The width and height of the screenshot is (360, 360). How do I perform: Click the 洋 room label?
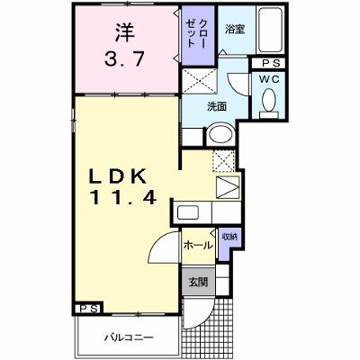pyautogui.click(x=125, y=31)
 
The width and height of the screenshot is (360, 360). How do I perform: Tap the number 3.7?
pyautogui.click(x=124, y=58)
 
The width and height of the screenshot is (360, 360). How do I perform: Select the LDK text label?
pyautogui.click(x=118, y=176)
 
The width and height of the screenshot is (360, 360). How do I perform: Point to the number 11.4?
pyautogui.click(x=122, y=197)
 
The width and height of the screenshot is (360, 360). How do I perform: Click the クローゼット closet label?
pyautogui.click(x=196, y=33)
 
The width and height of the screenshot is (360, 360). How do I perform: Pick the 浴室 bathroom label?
pyautogui.click(x=235, y=29)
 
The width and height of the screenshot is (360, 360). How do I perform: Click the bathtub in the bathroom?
pyautogui.click(x=271, y=30)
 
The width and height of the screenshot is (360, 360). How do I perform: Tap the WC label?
pyautogui.click(x=269, y=79)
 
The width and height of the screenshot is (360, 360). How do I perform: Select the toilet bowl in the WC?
pyautogui.click(x=269, y=100)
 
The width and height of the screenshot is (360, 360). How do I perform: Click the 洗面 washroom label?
pyautogui.click(x=217, y=106)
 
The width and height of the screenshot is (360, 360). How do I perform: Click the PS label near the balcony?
pyautogui.click(x=89, y=309)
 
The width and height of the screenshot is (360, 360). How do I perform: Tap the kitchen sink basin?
pyautogui.click(x=188, y=212)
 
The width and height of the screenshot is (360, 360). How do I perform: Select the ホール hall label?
pyautogui.click(x=198, y=245)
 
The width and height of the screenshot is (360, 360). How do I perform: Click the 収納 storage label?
pyautogui.click(x=229, y=237)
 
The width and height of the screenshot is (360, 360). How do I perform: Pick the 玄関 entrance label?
pyautogui.click(x=198, y=282)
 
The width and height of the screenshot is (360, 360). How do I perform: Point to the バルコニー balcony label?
pyautogui.click(x=129, y=337)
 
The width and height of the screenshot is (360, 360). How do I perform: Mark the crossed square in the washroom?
pyautogui.click(x=200, y=81)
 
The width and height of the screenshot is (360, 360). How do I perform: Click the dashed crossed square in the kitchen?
pyautogui.click(x=224, y=162)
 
